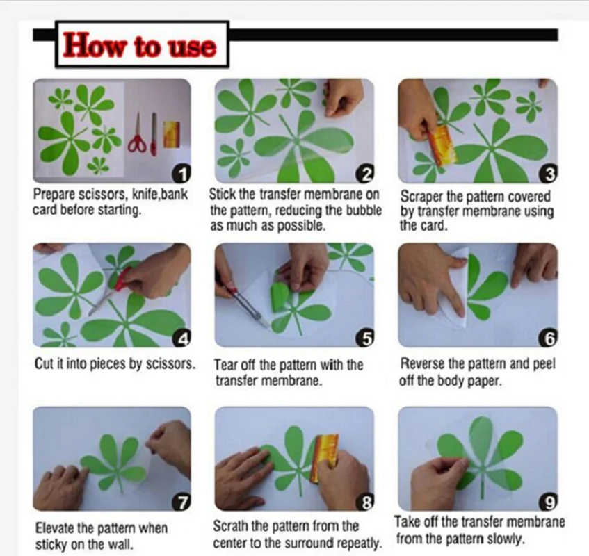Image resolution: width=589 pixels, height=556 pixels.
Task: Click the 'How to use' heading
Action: [x=140, y=46]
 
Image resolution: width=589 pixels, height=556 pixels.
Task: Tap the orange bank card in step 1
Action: [x=170, y=133]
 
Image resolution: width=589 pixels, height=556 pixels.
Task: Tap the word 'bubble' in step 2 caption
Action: [x=360, y=212]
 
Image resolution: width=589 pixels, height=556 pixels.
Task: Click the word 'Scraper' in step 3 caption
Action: [x=423, y=197]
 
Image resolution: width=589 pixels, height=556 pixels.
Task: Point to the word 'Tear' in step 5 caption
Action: [x=226, y=365]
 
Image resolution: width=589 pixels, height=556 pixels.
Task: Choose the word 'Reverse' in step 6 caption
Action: [x=423, y=363]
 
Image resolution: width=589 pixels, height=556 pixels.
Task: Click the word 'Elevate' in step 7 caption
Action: [x=56, y=528]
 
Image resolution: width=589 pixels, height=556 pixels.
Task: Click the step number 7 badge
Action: [x=183, y=502]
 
